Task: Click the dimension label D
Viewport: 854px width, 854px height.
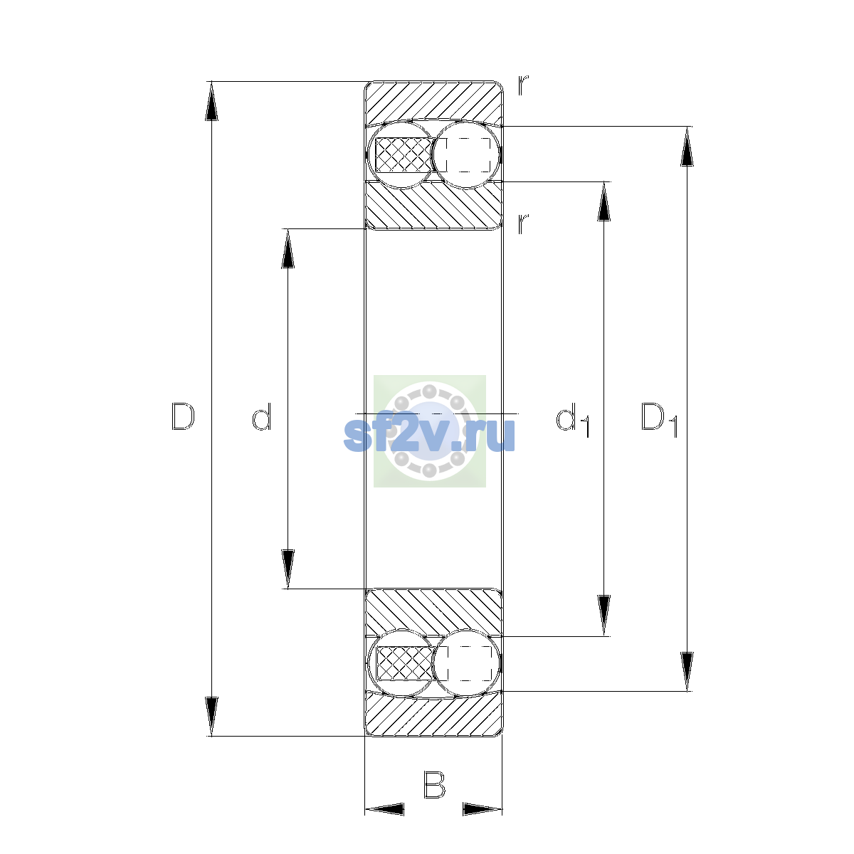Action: tap(183, 416)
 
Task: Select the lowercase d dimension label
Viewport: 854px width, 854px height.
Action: tap(261, 416)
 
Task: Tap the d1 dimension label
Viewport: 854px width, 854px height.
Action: tap(572, 419)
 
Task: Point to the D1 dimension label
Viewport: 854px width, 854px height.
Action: tap(660, 419)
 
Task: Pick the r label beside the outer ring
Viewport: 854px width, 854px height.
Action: tap(523, 85)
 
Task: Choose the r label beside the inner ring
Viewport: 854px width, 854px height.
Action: tap(523, 224)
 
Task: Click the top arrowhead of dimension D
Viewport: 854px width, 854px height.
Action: tap(211, 101)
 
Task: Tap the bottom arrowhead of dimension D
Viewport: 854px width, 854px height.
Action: tap(211, 717)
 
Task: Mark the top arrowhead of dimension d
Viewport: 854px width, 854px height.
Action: tap(288, 248)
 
